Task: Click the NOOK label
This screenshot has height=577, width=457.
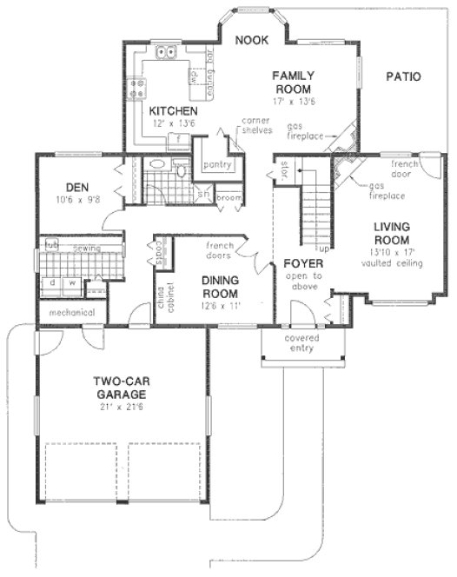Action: coord(252,40)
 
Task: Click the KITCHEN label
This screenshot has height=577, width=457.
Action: coord(173,111)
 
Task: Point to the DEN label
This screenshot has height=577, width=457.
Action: coord(79,185)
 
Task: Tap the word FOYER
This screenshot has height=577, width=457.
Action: coord(302,262)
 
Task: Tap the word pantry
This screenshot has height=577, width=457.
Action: coord(214,163)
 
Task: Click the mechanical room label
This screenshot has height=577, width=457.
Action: coord(71,312)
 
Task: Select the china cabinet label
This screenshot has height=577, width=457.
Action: coord(161,305)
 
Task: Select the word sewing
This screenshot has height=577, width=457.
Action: coord(86,249)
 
